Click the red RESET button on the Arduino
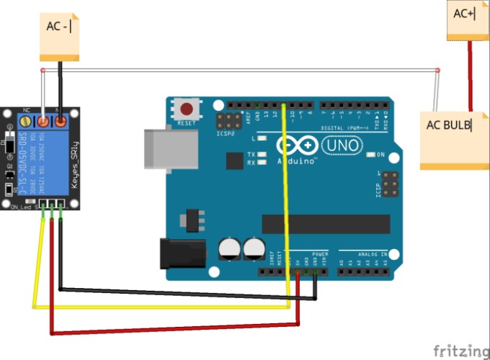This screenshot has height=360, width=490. [187, 110]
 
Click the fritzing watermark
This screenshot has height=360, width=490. [460, 350]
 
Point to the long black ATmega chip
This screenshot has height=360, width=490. [325, 223]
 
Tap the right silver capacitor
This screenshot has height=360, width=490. [254, 249]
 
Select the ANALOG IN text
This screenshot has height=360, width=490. [372, 254]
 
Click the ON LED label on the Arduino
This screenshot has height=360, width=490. [380, 155]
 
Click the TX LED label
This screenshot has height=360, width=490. [250, 155]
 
